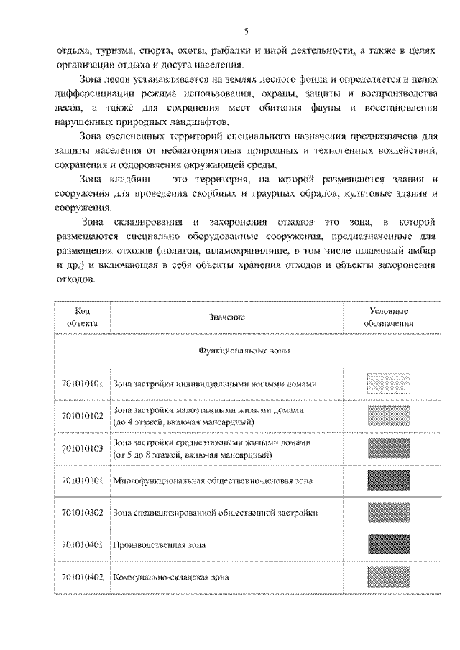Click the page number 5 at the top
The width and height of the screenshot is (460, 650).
[246, 31]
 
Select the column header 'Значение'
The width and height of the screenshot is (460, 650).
[229, 317]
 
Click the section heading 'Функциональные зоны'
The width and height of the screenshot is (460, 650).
[229, 352]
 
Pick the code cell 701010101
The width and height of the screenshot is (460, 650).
[83, 384]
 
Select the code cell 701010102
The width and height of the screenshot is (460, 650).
[83, 416]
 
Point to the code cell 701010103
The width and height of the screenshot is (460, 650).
[83, 448]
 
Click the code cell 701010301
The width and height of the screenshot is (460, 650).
[83, 480]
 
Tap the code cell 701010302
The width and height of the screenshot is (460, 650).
[83, 512]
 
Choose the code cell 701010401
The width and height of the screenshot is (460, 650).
[83, 544]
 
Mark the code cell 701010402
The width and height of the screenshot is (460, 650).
[83, 576]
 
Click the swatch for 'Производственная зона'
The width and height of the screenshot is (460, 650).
[388, 544]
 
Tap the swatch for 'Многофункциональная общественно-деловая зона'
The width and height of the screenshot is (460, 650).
[388, 480]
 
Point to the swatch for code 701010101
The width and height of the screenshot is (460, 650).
[388, 384]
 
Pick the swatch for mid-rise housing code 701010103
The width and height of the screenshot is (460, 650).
[388, 448]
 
